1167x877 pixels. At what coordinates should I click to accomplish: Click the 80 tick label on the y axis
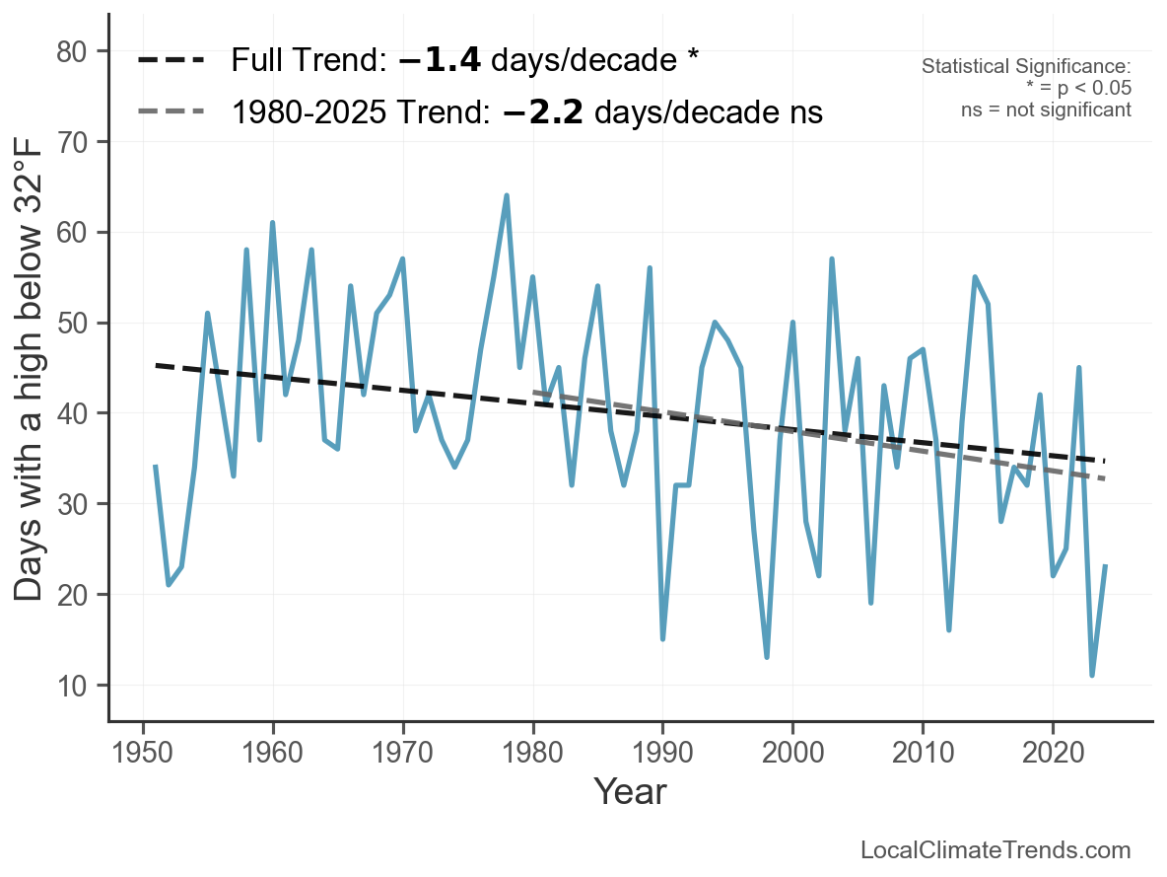tap(71, 51)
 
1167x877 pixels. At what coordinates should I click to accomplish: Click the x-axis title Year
tap(631, 791)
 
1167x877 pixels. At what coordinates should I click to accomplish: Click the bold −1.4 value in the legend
tap(440, 60)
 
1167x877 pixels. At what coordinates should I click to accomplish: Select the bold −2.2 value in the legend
tap(543, 112)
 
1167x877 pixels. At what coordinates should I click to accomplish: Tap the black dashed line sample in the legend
tap(172, 60)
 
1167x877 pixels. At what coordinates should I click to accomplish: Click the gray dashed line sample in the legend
tap(172, 111)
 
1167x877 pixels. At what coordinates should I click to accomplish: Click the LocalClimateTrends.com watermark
tap(995, 850)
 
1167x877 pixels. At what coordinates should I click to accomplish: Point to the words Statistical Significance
tap(1026, 66)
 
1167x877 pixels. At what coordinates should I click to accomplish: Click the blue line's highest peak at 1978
tap(506, 196)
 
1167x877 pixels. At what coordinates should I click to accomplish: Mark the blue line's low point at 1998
tap(767, 656)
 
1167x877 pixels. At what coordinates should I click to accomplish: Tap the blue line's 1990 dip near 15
tap(662, 638)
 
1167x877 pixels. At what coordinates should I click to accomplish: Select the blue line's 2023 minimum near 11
tap(1092, 675)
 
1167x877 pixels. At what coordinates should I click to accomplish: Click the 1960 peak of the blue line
tap(272, 223)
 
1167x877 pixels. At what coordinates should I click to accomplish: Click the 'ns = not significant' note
tap(1046, 110)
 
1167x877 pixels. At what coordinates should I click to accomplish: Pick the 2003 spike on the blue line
tap(831, 259)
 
